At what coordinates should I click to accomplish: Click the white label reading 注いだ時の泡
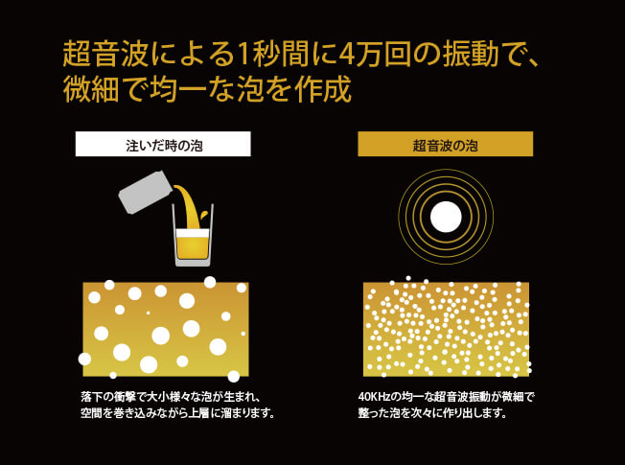[163, 144]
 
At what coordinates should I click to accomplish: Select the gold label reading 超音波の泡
[445, 144]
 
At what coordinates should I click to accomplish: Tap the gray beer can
[146, 192]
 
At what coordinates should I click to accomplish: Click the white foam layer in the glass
[193, 233]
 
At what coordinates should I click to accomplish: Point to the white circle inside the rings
[446, 217]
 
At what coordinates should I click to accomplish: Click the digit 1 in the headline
[243, 55]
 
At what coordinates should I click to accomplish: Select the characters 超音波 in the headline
[105, 54]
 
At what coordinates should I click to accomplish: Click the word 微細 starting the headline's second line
[91, 89]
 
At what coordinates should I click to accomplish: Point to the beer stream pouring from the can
[191, 206]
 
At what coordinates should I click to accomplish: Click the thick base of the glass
[193, 262]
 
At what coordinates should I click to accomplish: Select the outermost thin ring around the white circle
[446, 170]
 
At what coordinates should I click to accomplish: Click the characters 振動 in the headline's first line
[471, 54]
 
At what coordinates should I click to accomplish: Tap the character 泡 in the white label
[197, 146]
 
